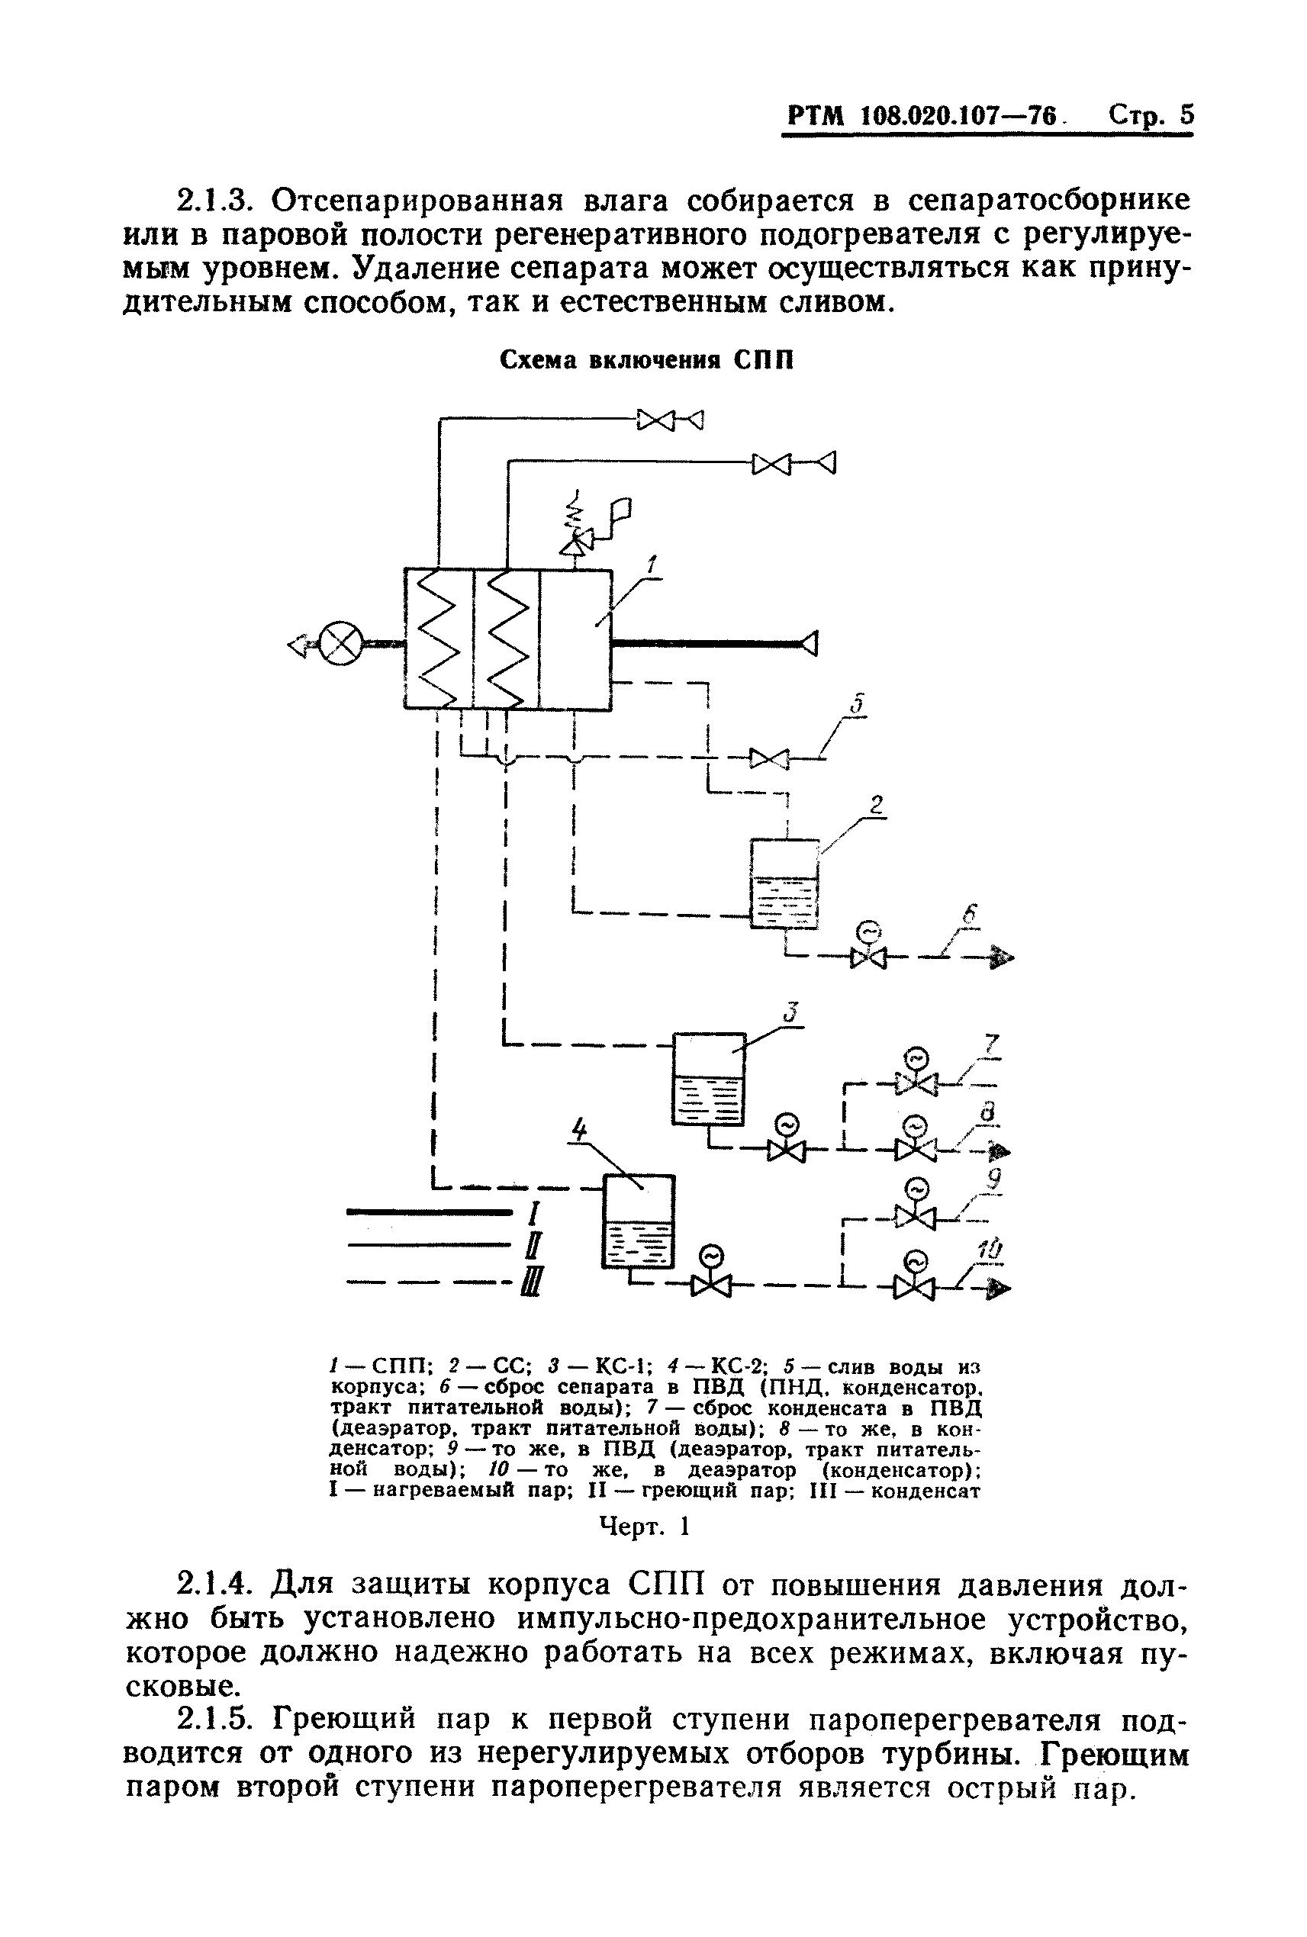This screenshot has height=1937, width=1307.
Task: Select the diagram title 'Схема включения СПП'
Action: click(x=646, y=360)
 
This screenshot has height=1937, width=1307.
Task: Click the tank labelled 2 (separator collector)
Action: click(x=784, y=883)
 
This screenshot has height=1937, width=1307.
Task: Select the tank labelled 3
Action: click(x=708, y=1079)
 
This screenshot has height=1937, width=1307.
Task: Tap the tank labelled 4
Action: click(x=638, y=1223)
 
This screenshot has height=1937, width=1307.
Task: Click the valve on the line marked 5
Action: click(x=768, y=758)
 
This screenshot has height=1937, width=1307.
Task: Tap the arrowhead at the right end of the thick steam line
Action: click(x=808, y=642)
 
